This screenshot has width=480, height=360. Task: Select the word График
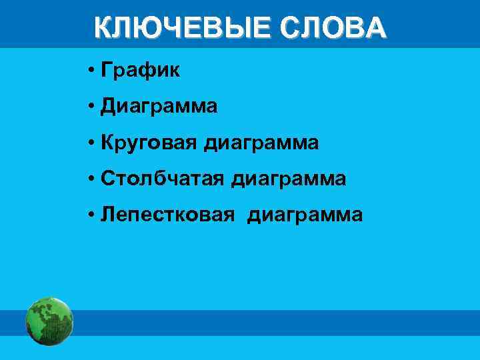click(141, 71)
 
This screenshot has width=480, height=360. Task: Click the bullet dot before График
click(90, 71)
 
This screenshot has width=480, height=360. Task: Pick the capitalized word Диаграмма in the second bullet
click(159, 107)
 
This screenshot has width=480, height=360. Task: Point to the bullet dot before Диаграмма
click(90, 107)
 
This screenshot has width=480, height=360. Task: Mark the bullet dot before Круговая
click(90, 143)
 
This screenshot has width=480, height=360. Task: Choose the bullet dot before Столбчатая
click(90, 179)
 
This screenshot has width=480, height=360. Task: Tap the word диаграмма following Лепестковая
click(305, 215)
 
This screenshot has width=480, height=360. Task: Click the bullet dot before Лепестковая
click(90, 215)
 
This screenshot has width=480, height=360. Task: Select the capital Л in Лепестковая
click(107, 215)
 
